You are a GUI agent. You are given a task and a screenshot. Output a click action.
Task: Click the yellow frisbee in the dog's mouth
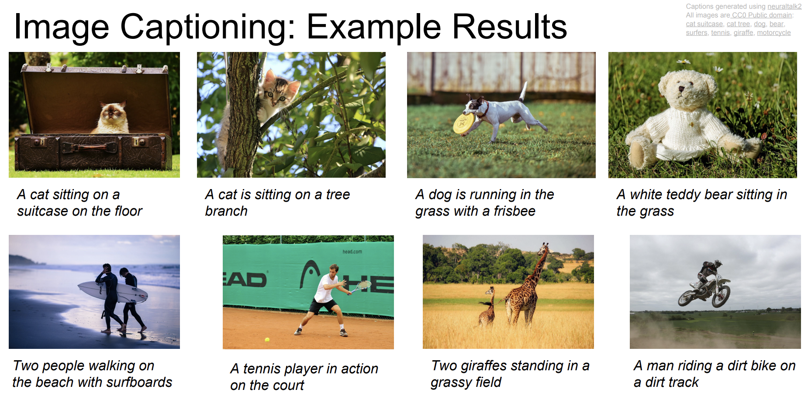[x=463, y=123]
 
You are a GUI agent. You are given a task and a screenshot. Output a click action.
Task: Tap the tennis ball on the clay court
[x=267, y=339]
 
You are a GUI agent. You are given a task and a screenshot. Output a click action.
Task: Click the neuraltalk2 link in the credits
[x=784, y=7]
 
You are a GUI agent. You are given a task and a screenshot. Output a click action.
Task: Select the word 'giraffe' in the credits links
[x=743, y=33]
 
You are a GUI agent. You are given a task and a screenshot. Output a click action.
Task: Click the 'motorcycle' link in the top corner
[x=773, y=33]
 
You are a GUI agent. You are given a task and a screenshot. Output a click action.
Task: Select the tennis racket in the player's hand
[x=359, y=287]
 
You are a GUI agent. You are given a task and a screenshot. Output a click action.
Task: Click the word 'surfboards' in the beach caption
[x=139, y=382]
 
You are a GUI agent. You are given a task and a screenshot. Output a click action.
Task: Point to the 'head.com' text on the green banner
[x=352, y=252]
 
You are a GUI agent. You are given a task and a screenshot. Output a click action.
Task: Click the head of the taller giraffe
[x=544, y=248]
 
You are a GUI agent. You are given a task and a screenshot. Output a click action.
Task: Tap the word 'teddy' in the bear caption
[x=684, y=195]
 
